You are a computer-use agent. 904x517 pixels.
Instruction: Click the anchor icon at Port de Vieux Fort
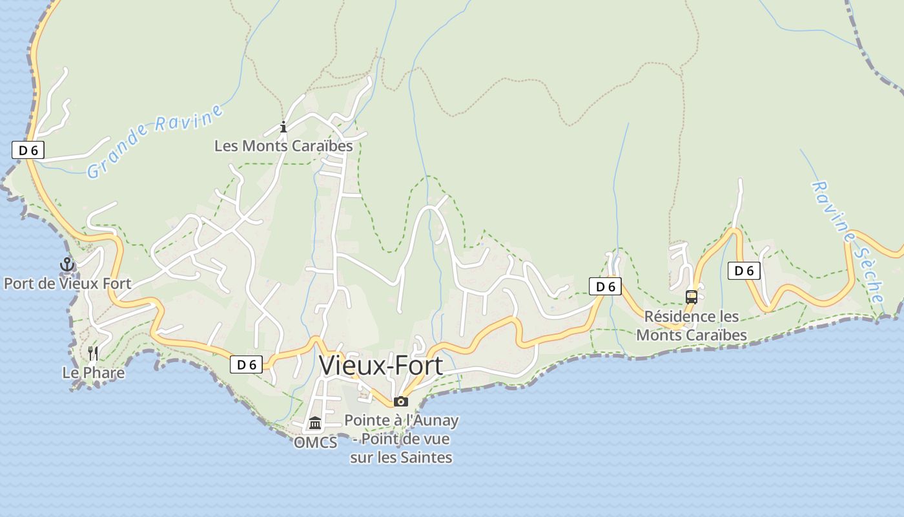(67, 264)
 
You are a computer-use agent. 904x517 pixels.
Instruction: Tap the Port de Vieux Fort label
(67, 283)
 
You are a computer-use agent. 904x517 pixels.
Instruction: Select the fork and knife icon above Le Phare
(94, 353)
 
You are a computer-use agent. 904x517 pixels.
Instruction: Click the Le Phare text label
(94, 373)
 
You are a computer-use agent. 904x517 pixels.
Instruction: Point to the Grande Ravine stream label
(155, 140)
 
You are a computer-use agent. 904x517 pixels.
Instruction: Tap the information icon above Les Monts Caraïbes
(283, 127)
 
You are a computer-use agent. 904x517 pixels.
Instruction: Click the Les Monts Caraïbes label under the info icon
(283, 146)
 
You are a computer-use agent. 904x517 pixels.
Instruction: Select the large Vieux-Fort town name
(381, 366)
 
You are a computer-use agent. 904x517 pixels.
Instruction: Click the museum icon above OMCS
(315, 423)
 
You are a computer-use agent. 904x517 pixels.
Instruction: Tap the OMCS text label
(315, 443)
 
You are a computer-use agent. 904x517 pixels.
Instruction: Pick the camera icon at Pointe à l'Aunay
(401, 401)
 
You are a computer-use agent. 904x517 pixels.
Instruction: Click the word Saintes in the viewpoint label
(429, 458)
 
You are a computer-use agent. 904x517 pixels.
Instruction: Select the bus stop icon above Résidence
(692, 297)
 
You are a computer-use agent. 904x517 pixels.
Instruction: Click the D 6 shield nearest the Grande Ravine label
(28, 151)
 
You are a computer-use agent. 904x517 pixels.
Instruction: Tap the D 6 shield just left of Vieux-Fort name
(246, 364)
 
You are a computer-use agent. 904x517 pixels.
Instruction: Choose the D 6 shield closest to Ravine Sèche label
(744, 271)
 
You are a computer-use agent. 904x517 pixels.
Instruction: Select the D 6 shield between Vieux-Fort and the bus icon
(605, 286)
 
